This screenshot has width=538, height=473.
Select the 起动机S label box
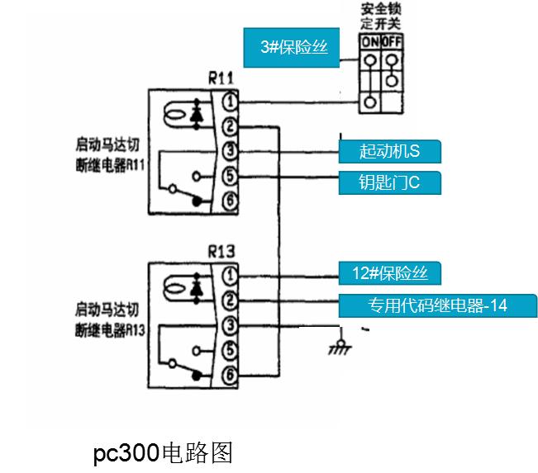(x=389, y=152)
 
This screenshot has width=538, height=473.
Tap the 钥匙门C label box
(x=389, y=182)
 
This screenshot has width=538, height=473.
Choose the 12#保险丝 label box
(x=389, y=274)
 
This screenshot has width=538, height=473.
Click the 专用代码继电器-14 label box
(x=436, y=305)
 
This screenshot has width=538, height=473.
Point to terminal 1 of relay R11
(x=232, y=102)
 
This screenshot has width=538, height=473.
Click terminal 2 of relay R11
(x=232, y=126)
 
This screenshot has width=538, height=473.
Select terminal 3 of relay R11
(x=232, y=151)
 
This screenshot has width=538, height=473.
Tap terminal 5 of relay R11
(x=232, y=176)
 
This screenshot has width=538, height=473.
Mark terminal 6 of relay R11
(x=232, y=200)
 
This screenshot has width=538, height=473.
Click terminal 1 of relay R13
(x=232, y=275)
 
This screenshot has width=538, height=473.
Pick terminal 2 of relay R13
(x=232, y=300)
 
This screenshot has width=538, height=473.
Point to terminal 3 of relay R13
(x=232, y=324)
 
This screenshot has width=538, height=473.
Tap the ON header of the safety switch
(x=369, y=40)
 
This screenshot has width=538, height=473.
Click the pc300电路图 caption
(x=163, y=452)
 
